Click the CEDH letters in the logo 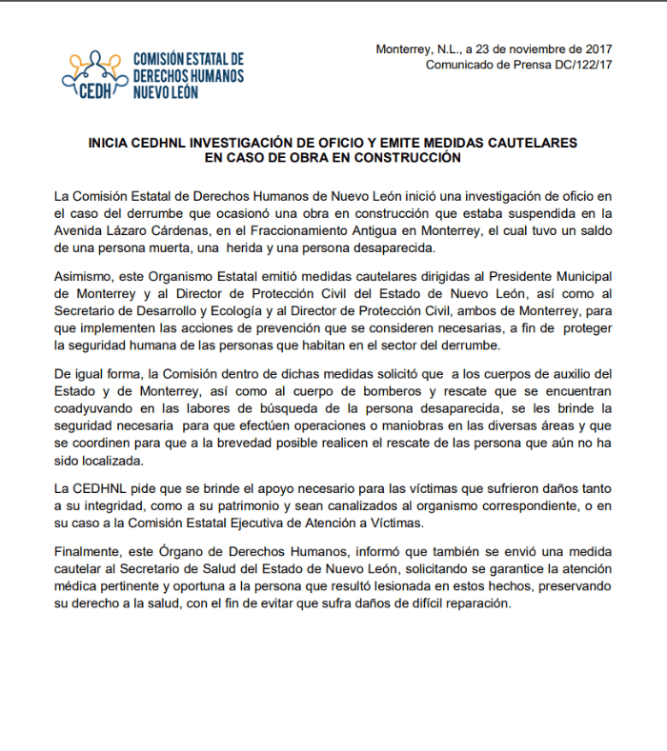click(x=96, y=91)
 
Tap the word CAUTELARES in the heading click(x=532, y=142)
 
